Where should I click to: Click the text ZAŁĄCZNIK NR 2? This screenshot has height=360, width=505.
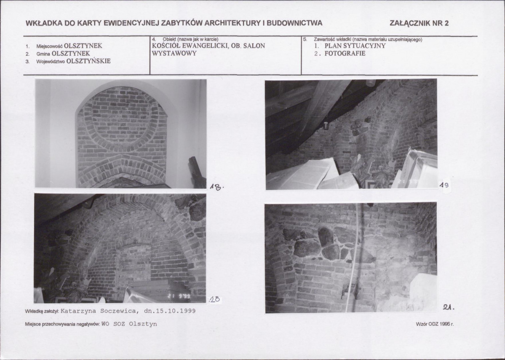click(x=419, y=23)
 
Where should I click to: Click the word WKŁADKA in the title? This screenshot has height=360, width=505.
click(x=44, y=23)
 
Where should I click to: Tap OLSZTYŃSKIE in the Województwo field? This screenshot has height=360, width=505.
click(x=88, y=61)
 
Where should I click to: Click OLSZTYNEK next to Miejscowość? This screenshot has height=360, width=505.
click(x=83, y=46)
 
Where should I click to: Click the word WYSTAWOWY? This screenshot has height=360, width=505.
click(x=174, y=54)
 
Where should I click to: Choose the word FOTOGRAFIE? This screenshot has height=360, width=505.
click(x=345, y=54)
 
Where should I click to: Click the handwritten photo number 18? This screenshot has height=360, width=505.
click(x=216, y=187)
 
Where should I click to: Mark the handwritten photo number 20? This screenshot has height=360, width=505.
click(x=215, y=300)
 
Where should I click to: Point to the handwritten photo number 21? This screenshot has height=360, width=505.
click(x=448, y=308)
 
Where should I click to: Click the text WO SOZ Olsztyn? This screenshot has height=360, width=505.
click(x=129, y=324)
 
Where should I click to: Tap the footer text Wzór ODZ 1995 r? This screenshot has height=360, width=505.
click(x=435, y=324)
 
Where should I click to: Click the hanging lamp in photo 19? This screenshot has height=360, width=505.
click(x=326, y=125)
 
